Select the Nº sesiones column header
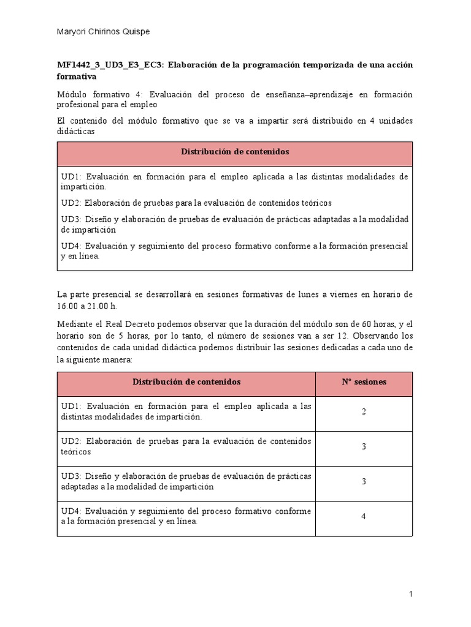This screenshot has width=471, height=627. click(364, 381)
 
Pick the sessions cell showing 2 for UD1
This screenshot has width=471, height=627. click(364, 411)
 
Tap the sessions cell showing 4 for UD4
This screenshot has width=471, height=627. click(364, 516)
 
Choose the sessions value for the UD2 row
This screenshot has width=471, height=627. click(364, 446)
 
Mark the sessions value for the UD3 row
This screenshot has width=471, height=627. click(364, 481)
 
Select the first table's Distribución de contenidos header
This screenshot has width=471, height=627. click(235, 151)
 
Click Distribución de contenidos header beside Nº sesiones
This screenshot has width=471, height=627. click(186, 381)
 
